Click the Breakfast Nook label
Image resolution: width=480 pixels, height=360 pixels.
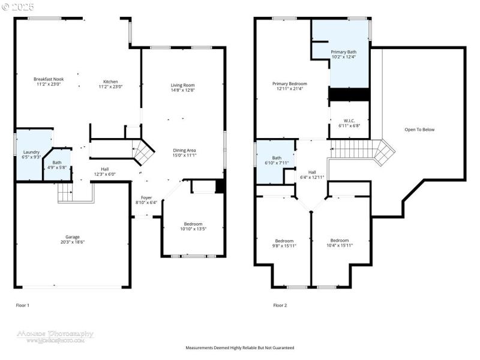coord(49,79)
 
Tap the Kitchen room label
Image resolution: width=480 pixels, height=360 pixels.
coord(110,82)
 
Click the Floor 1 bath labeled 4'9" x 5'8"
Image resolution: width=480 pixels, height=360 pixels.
coord(56,164)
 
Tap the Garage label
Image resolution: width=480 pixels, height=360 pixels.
coord(73,237)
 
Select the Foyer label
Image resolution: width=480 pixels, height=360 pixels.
coord(146,197)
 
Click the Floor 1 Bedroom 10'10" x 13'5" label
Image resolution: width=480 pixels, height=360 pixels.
coord(193,224)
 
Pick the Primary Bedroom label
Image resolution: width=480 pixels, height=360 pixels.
coord(289,83)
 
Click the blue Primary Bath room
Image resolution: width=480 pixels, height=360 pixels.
coord(343,54)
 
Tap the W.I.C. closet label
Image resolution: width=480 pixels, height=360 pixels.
coord(349,121)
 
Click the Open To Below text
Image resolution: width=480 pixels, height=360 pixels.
coord(419,130)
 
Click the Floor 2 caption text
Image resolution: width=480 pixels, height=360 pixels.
coord(280,305)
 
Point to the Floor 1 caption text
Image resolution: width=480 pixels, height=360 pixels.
coord(22,305)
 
